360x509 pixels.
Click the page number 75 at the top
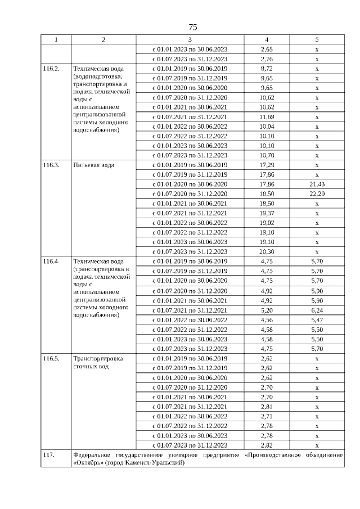192,27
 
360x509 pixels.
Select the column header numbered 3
190,39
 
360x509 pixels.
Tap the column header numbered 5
317,39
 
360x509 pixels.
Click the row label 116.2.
52,69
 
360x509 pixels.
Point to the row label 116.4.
52,262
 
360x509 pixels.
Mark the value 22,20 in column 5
317,194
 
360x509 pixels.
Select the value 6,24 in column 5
317,310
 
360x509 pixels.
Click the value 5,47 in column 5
317,319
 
